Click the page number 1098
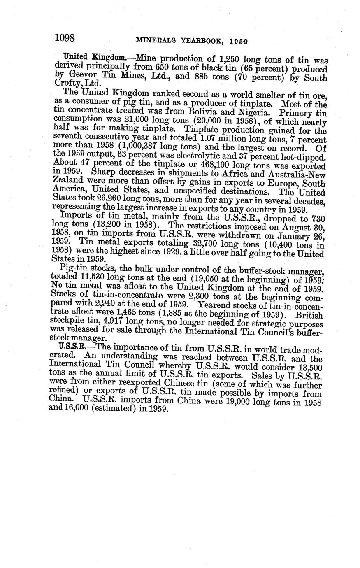coord(65,38)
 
